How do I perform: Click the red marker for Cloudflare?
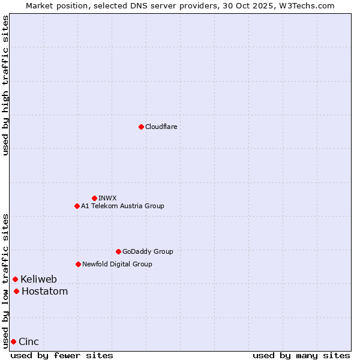click(x=141, y=127)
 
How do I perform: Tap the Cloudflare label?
click(x=161, y=127)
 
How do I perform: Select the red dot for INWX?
click(x=94, y=198)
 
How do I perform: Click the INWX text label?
click(x=107, y=198)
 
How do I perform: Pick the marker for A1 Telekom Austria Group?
click(x=77, y=206)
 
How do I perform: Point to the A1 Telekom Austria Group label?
click(x=122, y=206)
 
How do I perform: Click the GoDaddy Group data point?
click(x=118, y=251)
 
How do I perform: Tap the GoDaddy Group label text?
click(x=148, y=251)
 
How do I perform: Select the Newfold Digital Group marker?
click(x=78, y=264)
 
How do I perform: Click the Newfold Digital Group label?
click(x=117, y=264)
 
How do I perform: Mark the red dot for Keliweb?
click(x=15, y=279)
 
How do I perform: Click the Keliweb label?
click(x=39, y=279)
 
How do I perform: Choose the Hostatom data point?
click(x=16, y=292)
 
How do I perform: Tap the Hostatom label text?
click(x=45, y=292)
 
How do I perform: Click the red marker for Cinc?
click(x=13, y=341)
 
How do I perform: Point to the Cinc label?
click(x=29, y=342)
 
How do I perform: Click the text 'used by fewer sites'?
click(x=62, y=355)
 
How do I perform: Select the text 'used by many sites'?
click(x=301, y=355)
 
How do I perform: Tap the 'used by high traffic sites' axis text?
click(x=5, y=85)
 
